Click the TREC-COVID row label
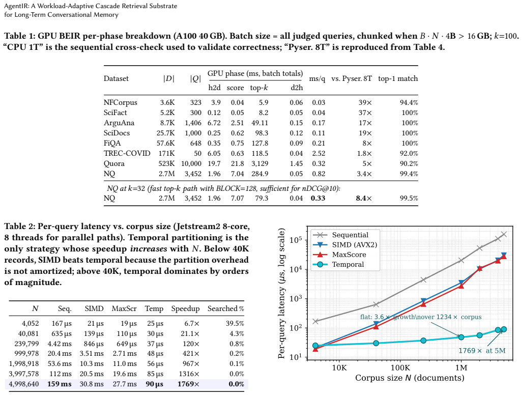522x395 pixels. pyautogui.click(x=127, y=153)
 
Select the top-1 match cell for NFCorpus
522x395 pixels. pyautogui.click(x=409, y=103)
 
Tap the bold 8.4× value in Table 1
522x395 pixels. pyautogui.click(x=364, y=198)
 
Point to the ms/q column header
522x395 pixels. pyautogui.click(x=317, y=78)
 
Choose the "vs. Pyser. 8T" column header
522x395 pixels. pyautogui.click(x=351, y=78)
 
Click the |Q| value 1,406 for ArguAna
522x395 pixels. pyautogui.click(x=193, y=123)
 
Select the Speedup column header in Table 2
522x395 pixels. pyautogui.click(x=185, y=309)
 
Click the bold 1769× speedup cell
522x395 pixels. pyautogui.click(x=188, y=384)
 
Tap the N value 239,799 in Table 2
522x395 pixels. pyautogui.click(x=26, y=344)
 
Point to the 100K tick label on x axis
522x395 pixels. pyautogui.click(x=400, y=368)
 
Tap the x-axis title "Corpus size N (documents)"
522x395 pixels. pyautogui.click(x=410, y=378)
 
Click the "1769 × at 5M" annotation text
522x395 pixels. pyautogui.click(x=482, y=351)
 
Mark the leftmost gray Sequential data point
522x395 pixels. pyautogui.click(x=315, y=321)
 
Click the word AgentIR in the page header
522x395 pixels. pyautogui.click(x=16, y=6)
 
